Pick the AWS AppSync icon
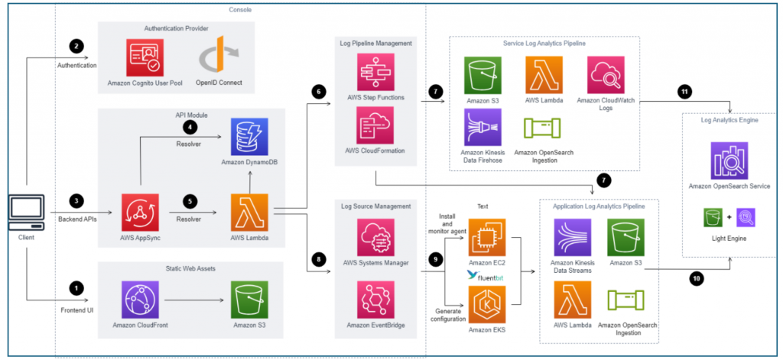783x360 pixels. point(140,212)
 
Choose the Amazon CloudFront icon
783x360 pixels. point(140,299)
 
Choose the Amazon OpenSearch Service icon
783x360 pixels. point(729,161)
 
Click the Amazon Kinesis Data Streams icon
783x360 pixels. point(573,237)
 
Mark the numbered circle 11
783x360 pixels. point(684,92)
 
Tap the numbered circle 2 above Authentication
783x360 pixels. point(76,46)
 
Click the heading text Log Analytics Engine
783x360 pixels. point(729,120)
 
